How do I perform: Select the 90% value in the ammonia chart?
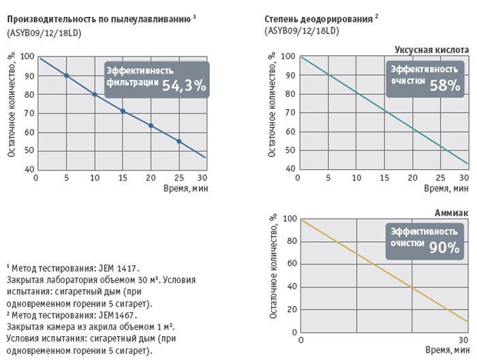point(444,248)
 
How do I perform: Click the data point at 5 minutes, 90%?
point(66,75)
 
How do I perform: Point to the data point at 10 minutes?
point(95,94)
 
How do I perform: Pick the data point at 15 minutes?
point(123,110)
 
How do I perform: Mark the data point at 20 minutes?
point(151,125)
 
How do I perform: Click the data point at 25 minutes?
point(179,141)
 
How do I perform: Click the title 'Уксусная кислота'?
point(431,49)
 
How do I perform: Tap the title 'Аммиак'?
point(451,213)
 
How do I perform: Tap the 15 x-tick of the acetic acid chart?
point(384,178)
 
